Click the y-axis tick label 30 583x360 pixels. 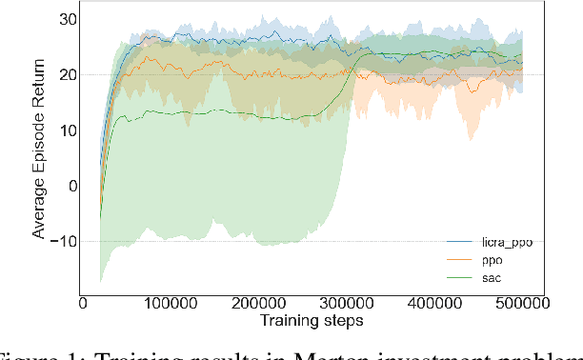pyautogui.click(x=58, y=19)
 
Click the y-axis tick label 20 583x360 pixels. pyautogui.click(x=58, y=74)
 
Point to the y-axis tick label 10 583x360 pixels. pyautogui.click(x=58, y=130)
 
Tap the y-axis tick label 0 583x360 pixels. pyautogui.click(x=63, y=185)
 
